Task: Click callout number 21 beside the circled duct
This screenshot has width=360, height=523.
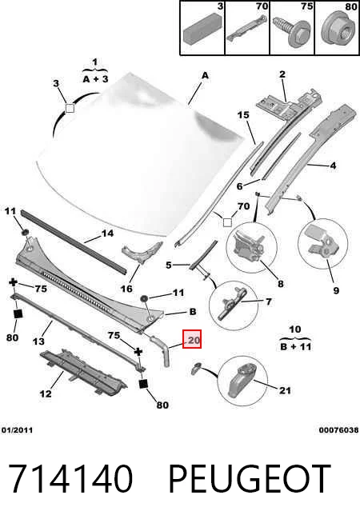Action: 285,390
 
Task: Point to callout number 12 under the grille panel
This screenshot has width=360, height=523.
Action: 46,393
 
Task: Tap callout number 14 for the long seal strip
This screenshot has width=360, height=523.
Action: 107,234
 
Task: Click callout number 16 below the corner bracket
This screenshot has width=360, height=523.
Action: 126,288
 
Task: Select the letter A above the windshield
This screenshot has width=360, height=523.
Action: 205,76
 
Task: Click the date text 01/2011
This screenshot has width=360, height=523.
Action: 18,430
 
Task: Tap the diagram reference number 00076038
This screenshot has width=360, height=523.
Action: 338,430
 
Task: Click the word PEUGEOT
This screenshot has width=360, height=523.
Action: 250,479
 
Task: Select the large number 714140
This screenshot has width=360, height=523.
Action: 70,479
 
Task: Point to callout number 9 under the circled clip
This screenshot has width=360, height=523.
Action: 336,290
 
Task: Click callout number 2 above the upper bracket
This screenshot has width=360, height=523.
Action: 282,74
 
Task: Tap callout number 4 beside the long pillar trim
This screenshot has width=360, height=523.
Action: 333,165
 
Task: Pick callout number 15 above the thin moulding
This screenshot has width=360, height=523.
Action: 243,114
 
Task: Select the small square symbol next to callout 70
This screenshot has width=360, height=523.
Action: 227,222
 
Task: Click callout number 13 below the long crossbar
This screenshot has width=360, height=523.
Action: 38,341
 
